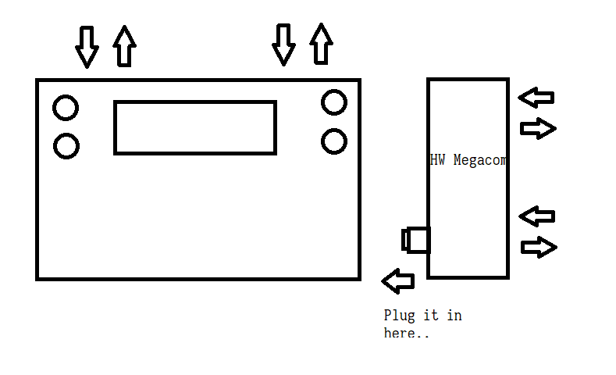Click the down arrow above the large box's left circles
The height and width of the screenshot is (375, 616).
pos(87,46)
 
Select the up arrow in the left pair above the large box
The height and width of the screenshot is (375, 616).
pos(123,46)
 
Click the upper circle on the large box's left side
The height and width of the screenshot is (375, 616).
pos(66,108)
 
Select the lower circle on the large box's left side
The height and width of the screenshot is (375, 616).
pos(66,146)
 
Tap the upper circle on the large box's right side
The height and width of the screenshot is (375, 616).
pos(333,102)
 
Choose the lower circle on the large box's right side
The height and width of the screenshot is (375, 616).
pos(333,141)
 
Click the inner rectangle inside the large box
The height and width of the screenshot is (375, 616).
pos(195,127)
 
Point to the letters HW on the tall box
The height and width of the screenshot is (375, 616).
pos(437,161)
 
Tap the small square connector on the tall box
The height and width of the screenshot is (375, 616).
pos(417,239)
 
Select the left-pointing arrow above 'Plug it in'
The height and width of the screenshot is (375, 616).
pos(398,280)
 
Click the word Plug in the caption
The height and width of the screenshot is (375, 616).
pos(400,316)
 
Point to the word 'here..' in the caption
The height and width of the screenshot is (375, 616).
pos(406,334)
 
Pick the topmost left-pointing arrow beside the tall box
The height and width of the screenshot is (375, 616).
pos(536,98)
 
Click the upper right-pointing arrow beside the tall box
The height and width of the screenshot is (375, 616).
pos(538,128)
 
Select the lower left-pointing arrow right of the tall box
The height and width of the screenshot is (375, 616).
pos(537,216)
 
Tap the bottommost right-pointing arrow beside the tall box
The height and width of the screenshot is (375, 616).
pos(539,248)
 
